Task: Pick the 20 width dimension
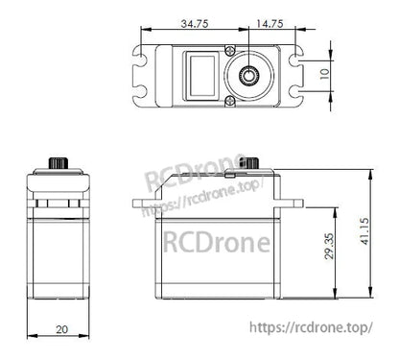click(61, 329)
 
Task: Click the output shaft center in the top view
click(251, 75)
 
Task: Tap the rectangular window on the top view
click(201, 74)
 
